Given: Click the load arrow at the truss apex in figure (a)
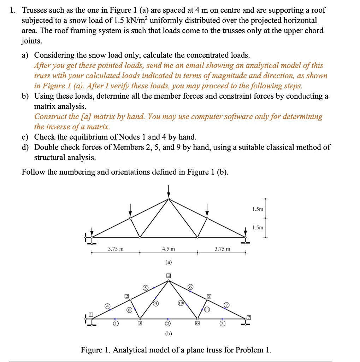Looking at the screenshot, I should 169,191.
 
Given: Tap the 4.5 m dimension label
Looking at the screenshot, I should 168,249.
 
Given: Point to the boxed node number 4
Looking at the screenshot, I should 169,275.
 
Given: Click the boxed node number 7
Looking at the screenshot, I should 249,317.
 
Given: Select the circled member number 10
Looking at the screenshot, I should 180,303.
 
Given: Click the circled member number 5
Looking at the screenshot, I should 145,287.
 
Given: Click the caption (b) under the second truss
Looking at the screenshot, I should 168,333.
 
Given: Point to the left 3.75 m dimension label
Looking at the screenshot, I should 116,249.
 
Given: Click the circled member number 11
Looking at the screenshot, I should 207,309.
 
